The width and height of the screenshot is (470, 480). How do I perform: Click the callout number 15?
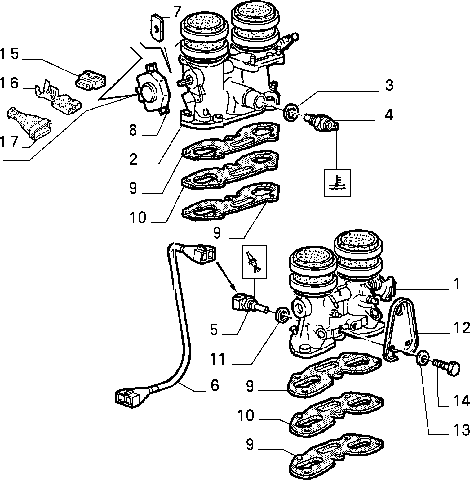[10, 54]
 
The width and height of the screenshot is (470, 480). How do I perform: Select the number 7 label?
[177, 12]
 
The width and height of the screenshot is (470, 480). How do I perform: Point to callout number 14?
[460, 401]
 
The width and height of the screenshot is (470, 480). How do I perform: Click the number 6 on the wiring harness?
[214, 385]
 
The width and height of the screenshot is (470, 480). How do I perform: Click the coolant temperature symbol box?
[338, 183]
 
